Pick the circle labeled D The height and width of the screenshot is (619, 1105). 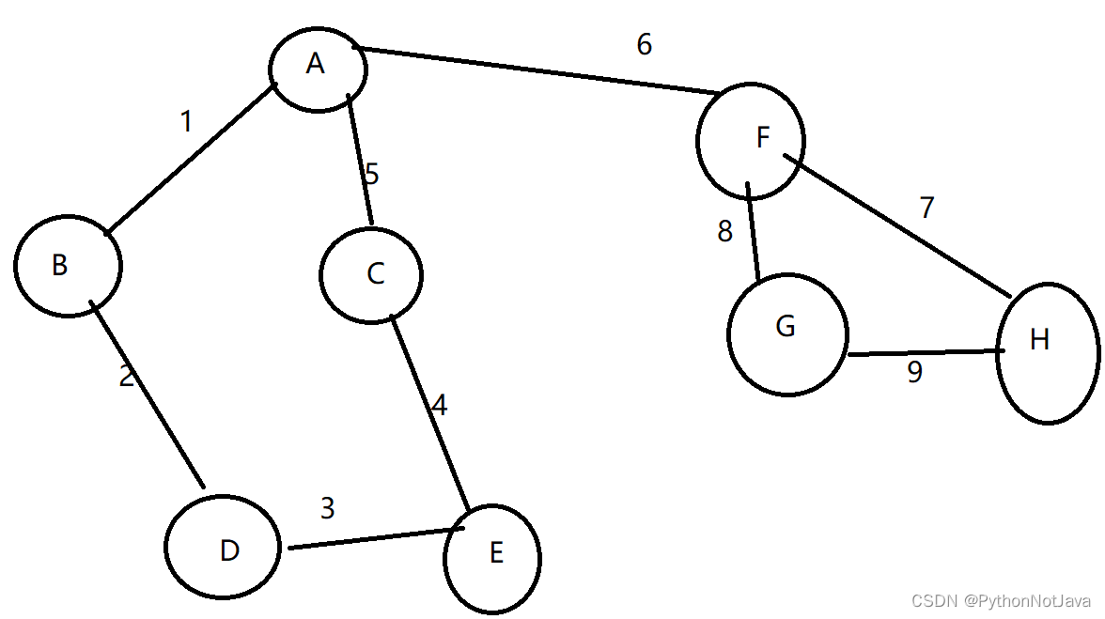click(x=224, y=549)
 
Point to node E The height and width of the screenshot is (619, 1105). click(x=493, y=556)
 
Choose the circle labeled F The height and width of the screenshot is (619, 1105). click(x=751, y=140)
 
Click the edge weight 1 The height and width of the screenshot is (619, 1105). click(x=186, y=122)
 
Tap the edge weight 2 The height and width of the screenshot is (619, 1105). click(x=127, y=377)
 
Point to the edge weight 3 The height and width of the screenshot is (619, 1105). click(x=327, y=508)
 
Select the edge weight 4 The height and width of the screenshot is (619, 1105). click(x=439, y=405)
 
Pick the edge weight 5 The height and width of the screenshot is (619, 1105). click(x=372, y=175)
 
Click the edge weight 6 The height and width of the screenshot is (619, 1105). click(x=644, y=45)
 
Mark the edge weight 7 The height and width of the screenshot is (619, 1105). click(x=927, y=208)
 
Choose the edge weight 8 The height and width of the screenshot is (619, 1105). click(x=724, y=232)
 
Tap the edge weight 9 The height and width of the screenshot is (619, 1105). click(x=914, y=373)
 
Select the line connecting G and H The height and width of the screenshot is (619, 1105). click(x=921, y=353)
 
